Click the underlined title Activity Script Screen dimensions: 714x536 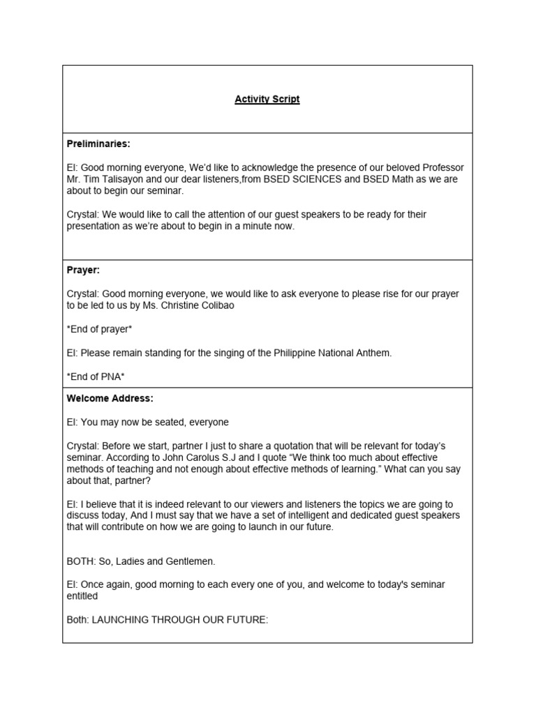click(x=267, y=99)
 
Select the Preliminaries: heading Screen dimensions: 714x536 click(x=98, y=144)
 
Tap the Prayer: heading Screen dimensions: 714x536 click(x=83, y=270)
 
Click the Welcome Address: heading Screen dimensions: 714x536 click(x=110, y=398)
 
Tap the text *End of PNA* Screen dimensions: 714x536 click(x=95, y=377)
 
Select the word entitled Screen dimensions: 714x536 click(x=82, y=596)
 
